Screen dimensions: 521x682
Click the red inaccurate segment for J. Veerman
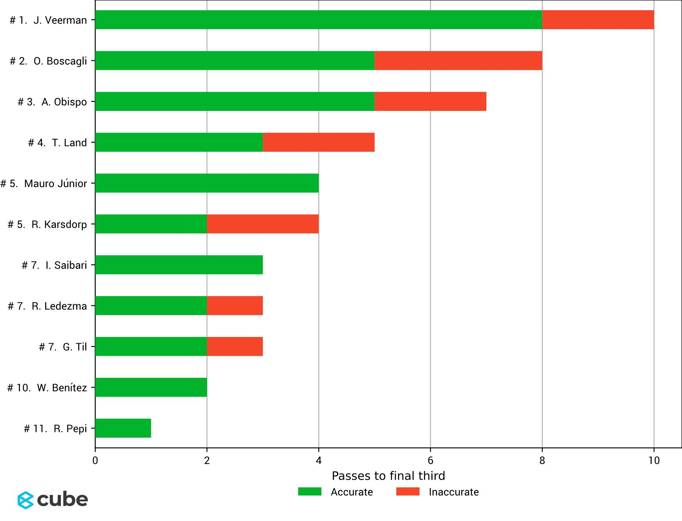(598, 20)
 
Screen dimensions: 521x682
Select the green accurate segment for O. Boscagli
(235, 61)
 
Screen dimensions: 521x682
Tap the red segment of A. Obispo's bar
(430, 101)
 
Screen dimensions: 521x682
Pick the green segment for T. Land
(179, 142)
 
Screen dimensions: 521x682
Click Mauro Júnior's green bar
(207, 183)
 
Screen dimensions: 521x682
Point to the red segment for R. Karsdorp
(262, 224)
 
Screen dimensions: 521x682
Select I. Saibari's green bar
(179, 265)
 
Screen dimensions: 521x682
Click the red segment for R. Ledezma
(235, 306)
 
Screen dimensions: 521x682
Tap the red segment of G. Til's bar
(235, 347)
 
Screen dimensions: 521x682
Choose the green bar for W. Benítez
(151, 388)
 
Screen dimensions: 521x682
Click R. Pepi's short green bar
(123, 429)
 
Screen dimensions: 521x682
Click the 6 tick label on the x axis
(430, 460)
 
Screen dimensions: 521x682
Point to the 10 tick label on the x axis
(654, 460)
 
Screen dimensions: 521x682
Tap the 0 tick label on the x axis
(95, 460)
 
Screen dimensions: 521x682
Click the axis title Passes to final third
(388, 476)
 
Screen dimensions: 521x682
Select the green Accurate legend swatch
(310, 492)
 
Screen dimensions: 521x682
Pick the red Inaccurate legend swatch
(408, 492)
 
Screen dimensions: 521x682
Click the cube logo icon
(26, 500)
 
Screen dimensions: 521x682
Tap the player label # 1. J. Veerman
(48, 20)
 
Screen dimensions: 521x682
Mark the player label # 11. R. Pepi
(55, 429)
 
